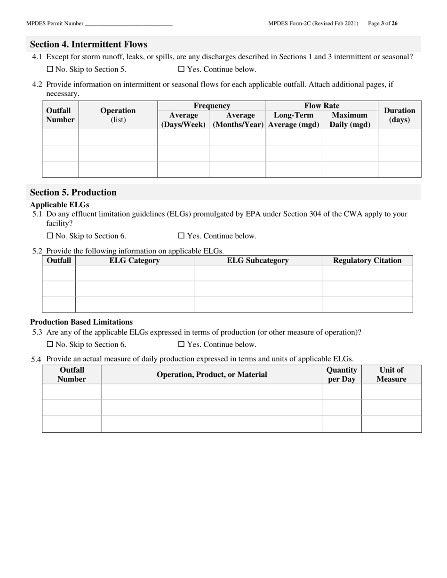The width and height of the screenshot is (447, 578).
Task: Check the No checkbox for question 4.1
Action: [x=50, y=70]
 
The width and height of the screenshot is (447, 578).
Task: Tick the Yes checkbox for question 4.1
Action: [x=181, y=70]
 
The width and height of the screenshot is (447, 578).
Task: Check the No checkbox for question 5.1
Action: [x=50, y=236]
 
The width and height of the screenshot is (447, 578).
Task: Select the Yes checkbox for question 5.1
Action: [x=181, y=236]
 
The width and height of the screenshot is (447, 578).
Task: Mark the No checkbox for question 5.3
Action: [x=50, y=344]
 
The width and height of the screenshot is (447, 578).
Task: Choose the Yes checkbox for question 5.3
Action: [x=181, y=344]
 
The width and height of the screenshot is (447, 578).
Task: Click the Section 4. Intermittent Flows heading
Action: [x=88, y=44]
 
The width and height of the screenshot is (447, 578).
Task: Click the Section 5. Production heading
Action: [x=73, y=192]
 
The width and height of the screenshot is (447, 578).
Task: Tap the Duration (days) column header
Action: [x=399, y=115]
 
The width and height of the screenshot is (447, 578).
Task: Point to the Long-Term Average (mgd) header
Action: [x=294, y=120]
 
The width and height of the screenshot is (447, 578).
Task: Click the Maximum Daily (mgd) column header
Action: [x=350, y=120]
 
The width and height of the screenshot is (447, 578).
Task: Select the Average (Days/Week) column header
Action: [x=184, y=120]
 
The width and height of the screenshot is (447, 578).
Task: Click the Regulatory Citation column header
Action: [x=367, y=260]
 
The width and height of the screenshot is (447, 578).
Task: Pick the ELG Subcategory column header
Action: [x=257, y=260]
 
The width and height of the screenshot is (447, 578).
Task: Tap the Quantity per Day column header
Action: [x=342, y=375]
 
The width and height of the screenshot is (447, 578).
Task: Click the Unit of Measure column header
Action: [x=391, y=375]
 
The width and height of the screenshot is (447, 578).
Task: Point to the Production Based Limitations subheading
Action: [x=81, y=322]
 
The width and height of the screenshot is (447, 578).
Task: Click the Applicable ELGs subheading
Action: [x=59, y=204]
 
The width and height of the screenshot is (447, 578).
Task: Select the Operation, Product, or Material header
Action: [x=211, y=375]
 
